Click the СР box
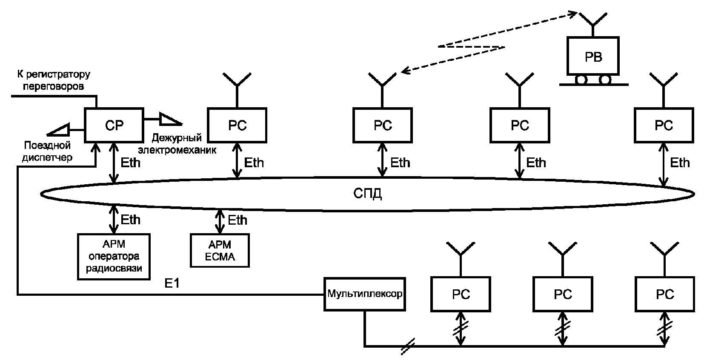114,125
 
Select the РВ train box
593,56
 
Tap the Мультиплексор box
365,294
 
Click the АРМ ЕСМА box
220,250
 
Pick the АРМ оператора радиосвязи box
114,256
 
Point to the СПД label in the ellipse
367,194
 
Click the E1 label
172,283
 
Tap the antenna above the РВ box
593,25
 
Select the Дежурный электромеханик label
177,144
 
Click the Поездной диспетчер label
47,151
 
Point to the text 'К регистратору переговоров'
54,80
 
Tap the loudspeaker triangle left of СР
58,130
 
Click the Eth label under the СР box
130,163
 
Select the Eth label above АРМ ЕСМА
237,220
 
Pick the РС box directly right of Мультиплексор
461,294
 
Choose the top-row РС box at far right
664,125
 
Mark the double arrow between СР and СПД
114,163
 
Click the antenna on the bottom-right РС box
664,259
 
